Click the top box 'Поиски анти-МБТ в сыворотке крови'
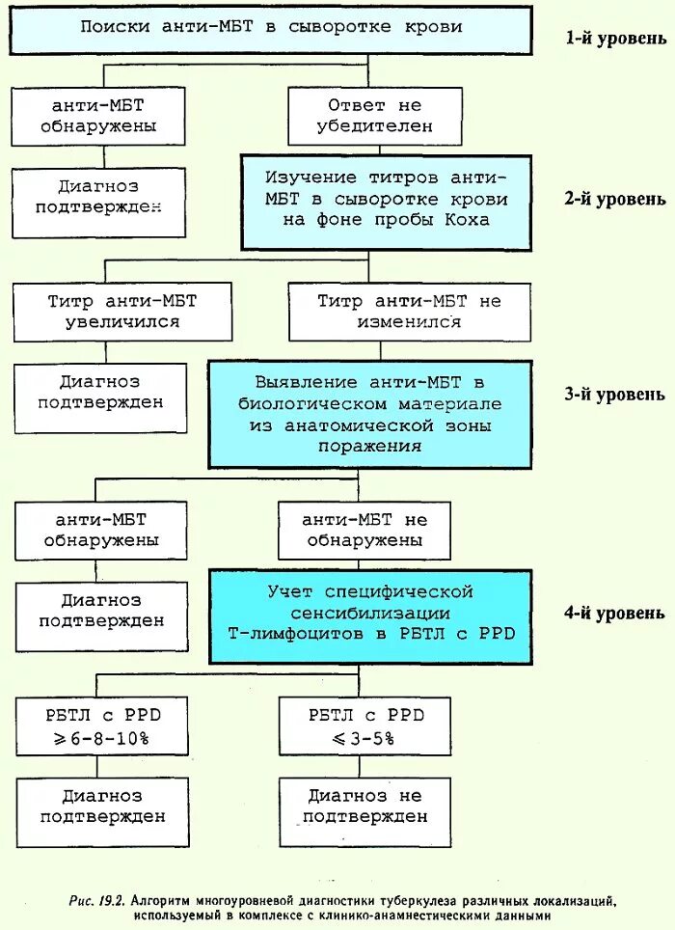(270, 28)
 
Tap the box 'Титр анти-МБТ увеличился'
(121, 311)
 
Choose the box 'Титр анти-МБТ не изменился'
(410, 311)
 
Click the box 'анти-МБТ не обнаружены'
(364, 530)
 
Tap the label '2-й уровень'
(614, 200)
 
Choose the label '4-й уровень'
(614, 613)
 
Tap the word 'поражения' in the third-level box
(371, 446)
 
